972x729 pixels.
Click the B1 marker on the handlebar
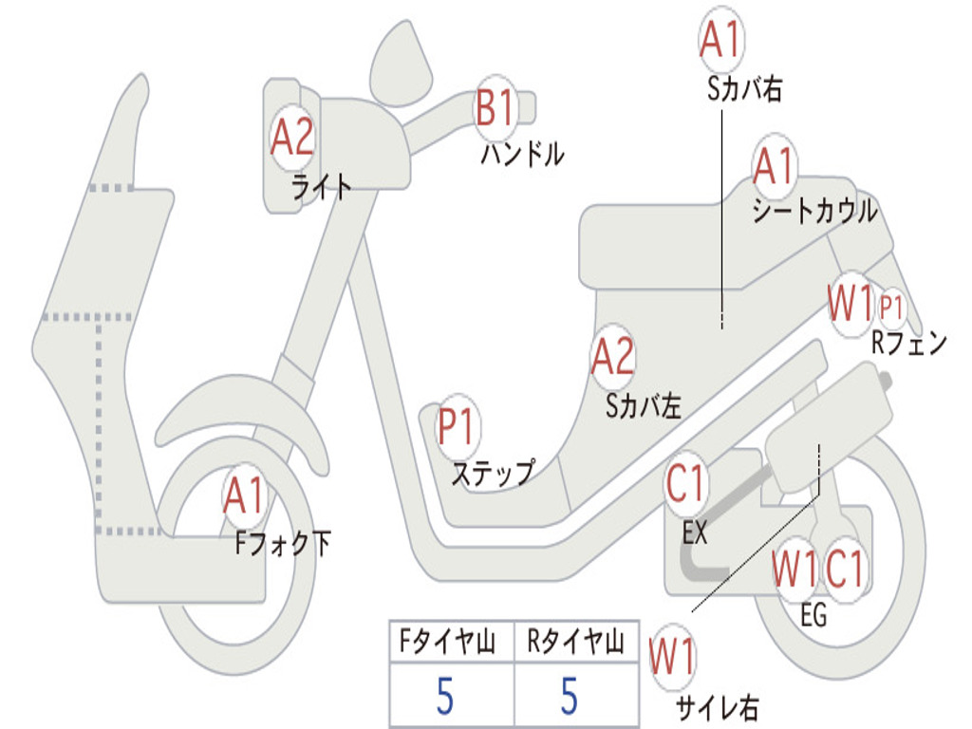[495, 107]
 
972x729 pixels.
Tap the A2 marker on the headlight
[291, 139]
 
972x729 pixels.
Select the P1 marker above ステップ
[458, 428]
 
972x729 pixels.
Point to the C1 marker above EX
[686, 485]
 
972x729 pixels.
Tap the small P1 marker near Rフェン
[891, 308]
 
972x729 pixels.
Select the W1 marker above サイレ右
[672, 658]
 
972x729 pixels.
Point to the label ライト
[321, 186]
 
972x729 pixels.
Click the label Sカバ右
[744, 89]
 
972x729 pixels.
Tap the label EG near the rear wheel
[813, 616]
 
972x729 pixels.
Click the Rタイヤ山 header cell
[575, 645]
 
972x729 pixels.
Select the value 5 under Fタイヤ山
[445, 697]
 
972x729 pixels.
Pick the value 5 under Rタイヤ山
[570, 697]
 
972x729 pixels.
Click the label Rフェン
[908, 344]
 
